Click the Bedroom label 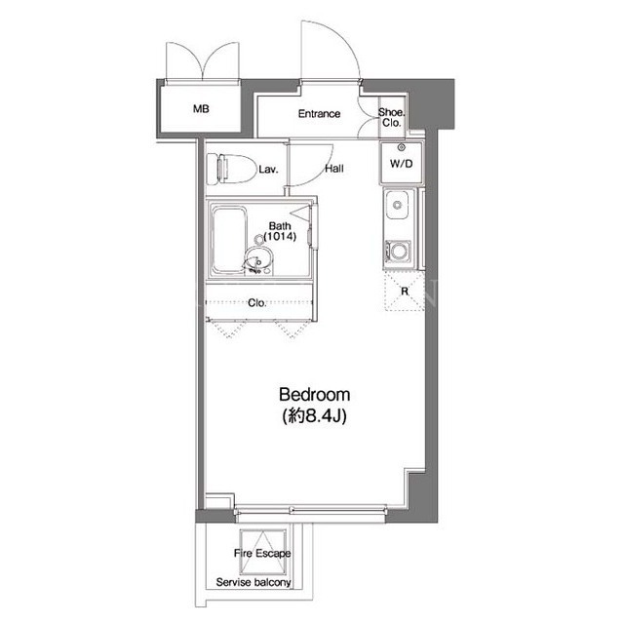pyautogui.click(x=314, y=394)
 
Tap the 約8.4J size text pyautogui.click(x=314, y=416)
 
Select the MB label pyautogui.click(x=201, y=108)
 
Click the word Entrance pyautogui.click(x=319, y=114)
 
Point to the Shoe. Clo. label pyautogui.click(x=391, y=117)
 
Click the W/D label pyautogui.click(x=401, y=164)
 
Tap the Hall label pyautogui.click(x=334, y=169)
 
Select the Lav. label pyautogui.click(x=269, y=170)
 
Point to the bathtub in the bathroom pyautogui.click(x=228, y=240)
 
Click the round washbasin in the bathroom pyautogui.click(x=258, y=259)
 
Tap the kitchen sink pyautogui.click(x=397, y=205)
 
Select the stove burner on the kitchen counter pyautogui.click(x=398, y=252)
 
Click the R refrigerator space pyautogui.click(x=405, y=291)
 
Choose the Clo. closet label pyautogui.click(x=256, y=303)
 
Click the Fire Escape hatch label pyautogui.click(x=262, y=553)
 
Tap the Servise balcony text pyautogui.click(x=253, y=582)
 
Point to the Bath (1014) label pyautogui.click(x=280, y=232)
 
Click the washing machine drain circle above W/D pyautogui.click(x=401, y=147)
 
